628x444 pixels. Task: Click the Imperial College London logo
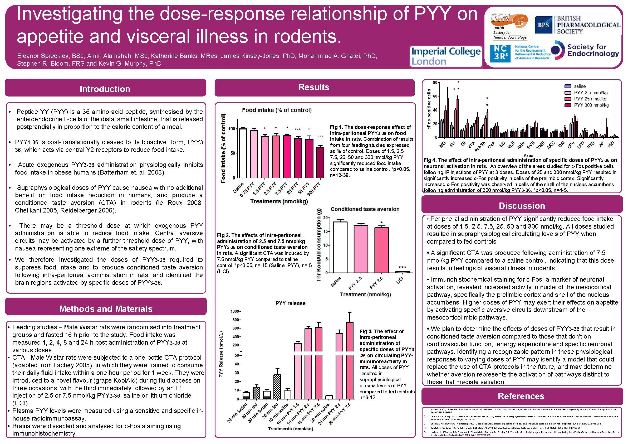click(x=446, y=56)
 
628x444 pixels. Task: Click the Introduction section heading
click(x=105, y=89)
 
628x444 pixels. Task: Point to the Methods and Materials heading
click(x=106, y=308)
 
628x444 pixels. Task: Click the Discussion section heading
click(x=522, y=206)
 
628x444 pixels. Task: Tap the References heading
click(x=521, y=396)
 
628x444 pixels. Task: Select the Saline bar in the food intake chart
click(x=243, y=153)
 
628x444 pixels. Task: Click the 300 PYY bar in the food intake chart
click(x=320, y=163)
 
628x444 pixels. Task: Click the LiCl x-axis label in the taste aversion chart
click(x=400, y=280)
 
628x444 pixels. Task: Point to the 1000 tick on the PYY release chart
click(x=234, y=311)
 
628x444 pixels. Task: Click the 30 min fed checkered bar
click(x=277, y=387)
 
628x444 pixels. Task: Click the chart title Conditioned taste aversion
click(x=365, y=209)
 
